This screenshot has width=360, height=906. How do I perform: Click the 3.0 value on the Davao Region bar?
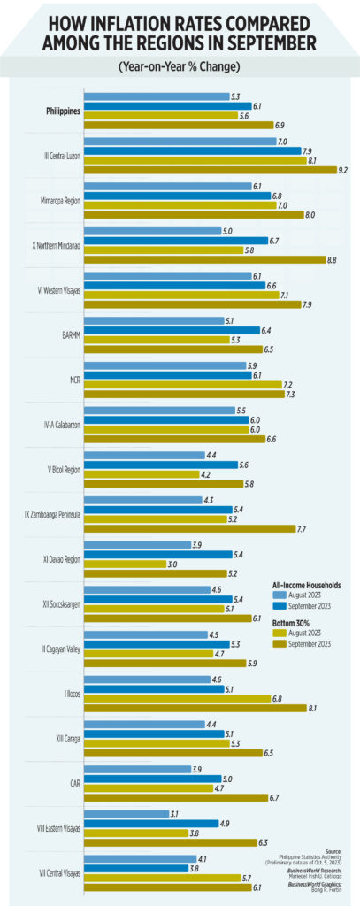(172, 563)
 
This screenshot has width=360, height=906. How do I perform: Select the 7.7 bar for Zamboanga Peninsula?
(189, 528)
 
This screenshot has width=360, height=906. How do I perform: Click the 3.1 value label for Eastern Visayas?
(175, 814)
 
